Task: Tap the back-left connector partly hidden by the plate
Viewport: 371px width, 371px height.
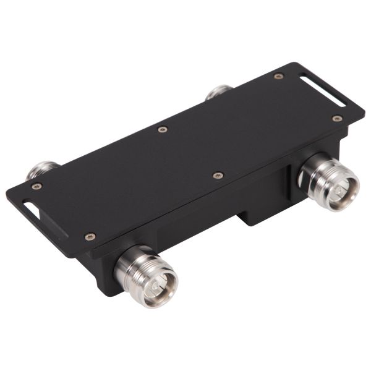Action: pyautogui.click(x=42, y=169)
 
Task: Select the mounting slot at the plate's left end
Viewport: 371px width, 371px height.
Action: pyautogui.click(x=30, y=209)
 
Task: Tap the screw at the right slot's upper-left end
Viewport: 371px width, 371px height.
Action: pyautogui.click(x=279, y=76)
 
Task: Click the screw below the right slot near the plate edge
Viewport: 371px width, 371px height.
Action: pyautogui.click(x=337, y=118)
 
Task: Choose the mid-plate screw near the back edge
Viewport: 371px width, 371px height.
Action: pyautogui.click(x=163, y=129)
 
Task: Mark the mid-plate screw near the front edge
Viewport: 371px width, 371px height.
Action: pyautogui.click(x=218, y=176)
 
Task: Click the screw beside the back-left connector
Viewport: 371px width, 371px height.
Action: pyautogui.click(x=36, y=186)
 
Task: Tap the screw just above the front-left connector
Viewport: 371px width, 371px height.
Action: pyautogui.click(x=90, y=236)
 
